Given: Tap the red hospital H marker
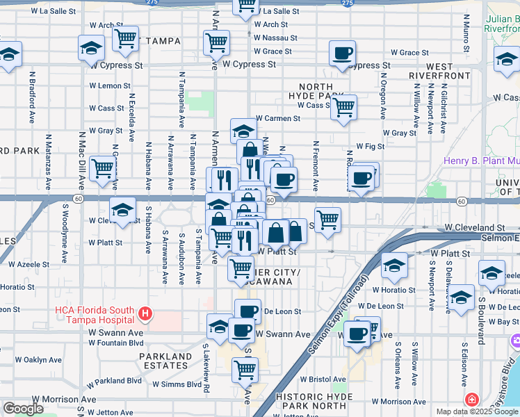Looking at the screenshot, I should pyautogui.click(x=145, y=315).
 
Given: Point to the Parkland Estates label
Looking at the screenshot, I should pyautogui.click(x=165, y=361).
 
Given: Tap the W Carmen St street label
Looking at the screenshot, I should pyautogui.click(x=278, y=119).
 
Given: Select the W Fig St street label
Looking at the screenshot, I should pyautogui.click(x=370, y=147).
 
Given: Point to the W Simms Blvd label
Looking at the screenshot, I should pyautogui.click(x=177, y=384).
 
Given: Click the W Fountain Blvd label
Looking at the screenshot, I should pyautogui.click(x=116, y=343).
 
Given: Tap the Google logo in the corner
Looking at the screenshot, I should pyautogui.click(x=23, y=409).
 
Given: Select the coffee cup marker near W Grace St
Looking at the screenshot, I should pyautogui.click(x=342, y=54).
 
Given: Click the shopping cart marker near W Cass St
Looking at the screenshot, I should pyautogui.click(x=343, y=108).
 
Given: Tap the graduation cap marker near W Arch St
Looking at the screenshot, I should pyautogui.click(x=92, y=50).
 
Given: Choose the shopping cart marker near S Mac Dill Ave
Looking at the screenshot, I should pyautogui.click(x=103, y=168).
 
